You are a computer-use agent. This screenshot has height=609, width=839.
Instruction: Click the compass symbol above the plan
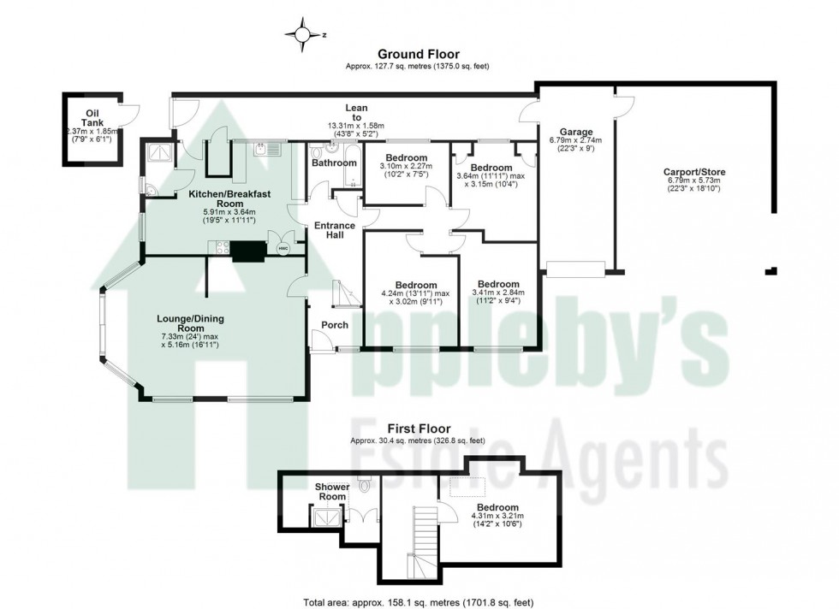click(302, 35)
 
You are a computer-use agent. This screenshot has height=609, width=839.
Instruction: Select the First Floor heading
click(419, 429)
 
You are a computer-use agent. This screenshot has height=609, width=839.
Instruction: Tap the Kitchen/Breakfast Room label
click(229, 199)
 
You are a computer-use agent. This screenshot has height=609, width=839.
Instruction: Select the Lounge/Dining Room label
click(190, 323)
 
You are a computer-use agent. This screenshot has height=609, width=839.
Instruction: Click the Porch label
click(335, 325)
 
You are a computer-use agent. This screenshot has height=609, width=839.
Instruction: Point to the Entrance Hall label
click(334, 231)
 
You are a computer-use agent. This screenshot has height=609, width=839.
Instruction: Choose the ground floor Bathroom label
click(334, 163)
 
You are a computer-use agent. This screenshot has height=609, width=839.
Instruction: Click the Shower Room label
click(332, 492)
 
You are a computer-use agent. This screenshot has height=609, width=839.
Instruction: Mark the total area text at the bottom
click(419, 600)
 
